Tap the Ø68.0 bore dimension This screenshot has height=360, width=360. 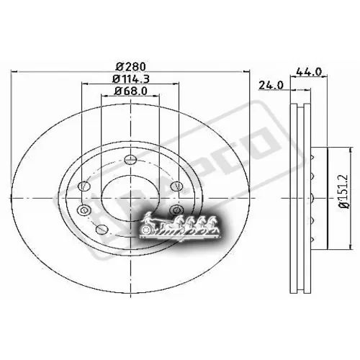point(130,91)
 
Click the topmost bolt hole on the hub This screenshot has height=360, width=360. point(130,161)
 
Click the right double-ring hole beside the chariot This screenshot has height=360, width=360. point(177,210)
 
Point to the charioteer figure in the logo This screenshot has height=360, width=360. point(149,218)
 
